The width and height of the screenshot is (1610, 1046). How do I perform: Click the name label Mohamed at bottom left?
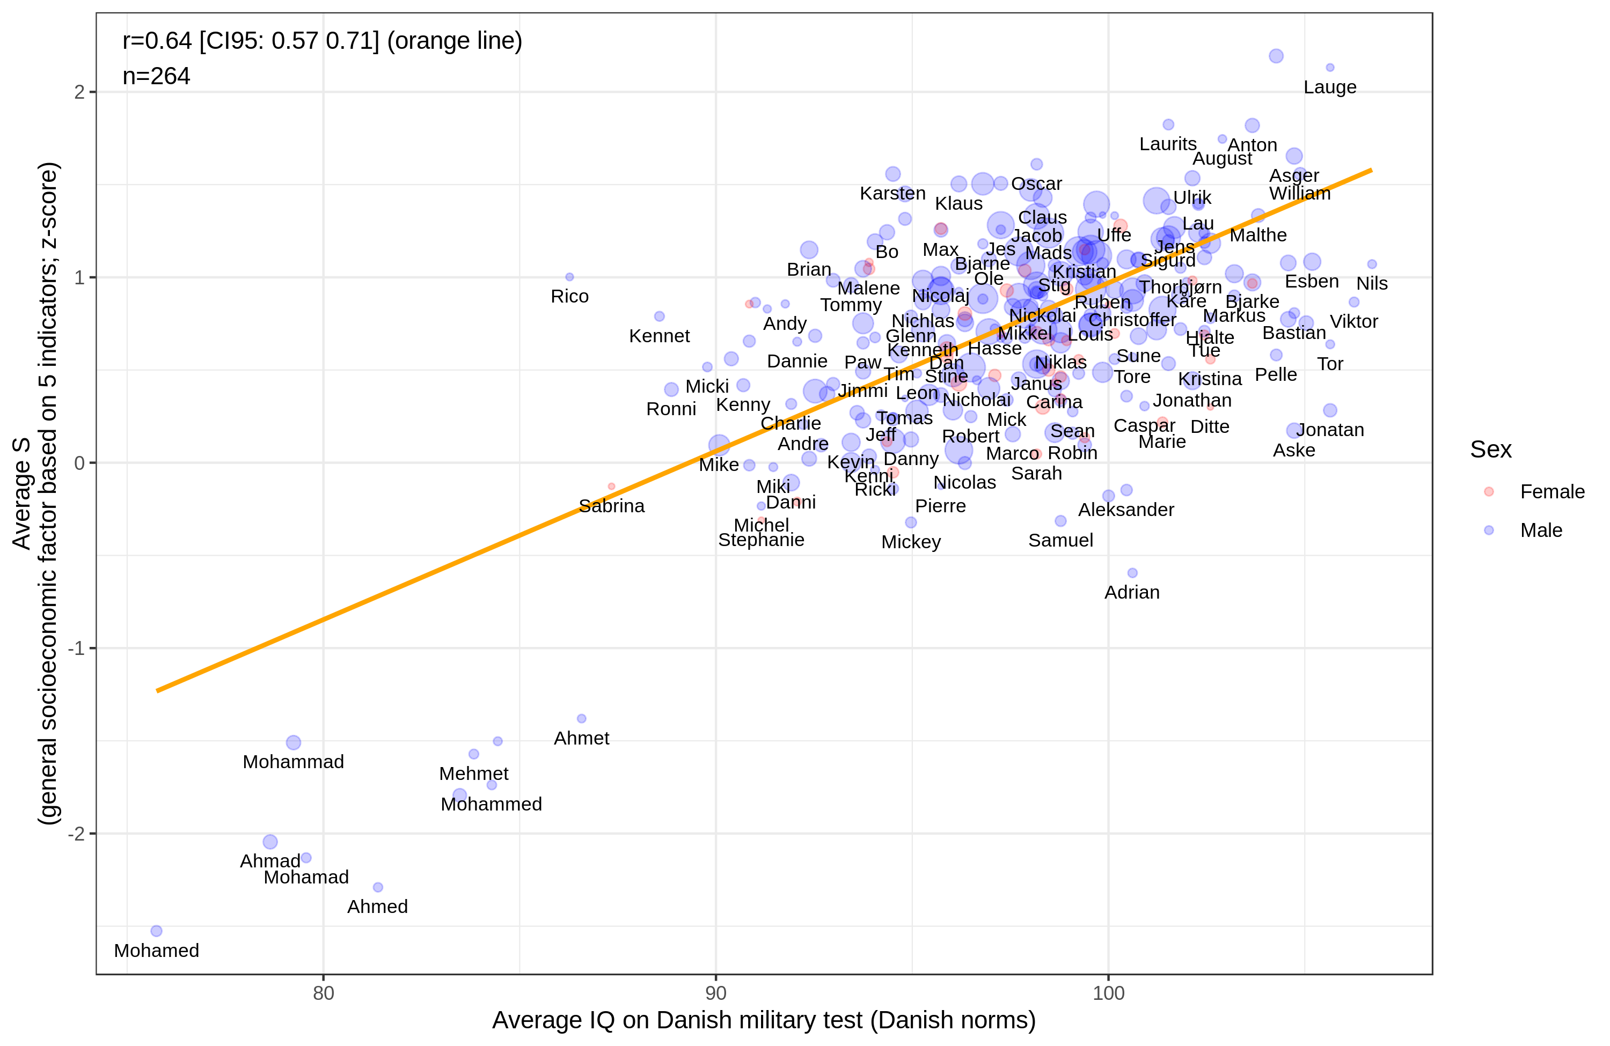(156, 950)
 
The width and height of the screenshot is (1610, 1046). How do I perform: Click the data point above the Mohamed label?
(156, 931)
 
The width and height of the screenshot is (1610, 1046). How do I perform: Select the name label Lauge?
(1329, 87)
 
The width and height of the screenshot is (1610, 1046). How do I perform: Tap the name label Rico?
(569, 296)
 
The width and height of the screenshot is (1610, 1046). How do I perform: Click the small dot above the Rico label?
(569, 277)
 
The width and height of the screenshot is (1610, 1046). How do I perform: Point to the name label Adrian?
(1132, 592)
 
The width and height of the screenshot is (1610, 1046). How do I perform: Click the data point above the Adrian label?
(1132, 573)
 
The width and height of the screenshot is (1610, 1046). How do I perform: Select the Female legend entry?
(1551, 491)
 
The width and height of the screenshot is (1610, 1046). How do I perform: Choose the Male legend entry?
(1540, 530)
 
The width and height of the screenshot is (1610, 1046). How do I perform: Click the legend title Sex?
(1490, 450)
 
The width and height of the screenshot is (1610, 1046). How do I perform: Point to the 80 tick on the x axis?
(324, 992)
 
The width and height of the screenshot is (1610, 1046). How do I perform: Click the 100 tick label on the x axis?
(1108, 992)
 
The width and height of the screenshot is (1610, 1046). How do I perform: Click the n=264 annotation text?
(156, 76)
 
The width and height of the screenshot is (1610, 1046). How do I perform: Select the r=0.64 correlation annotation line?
(322, 41)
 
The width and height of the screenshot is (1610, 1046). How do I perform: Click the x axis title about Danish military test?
(763, 1020)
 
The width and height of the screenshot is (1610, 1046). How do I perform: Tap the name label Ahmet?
(581, 738)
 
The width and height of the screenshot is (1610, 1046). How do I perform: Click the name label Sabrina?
(611, 506)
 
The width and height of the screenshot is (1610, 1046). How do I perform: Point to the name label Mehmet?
(473, 774)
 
